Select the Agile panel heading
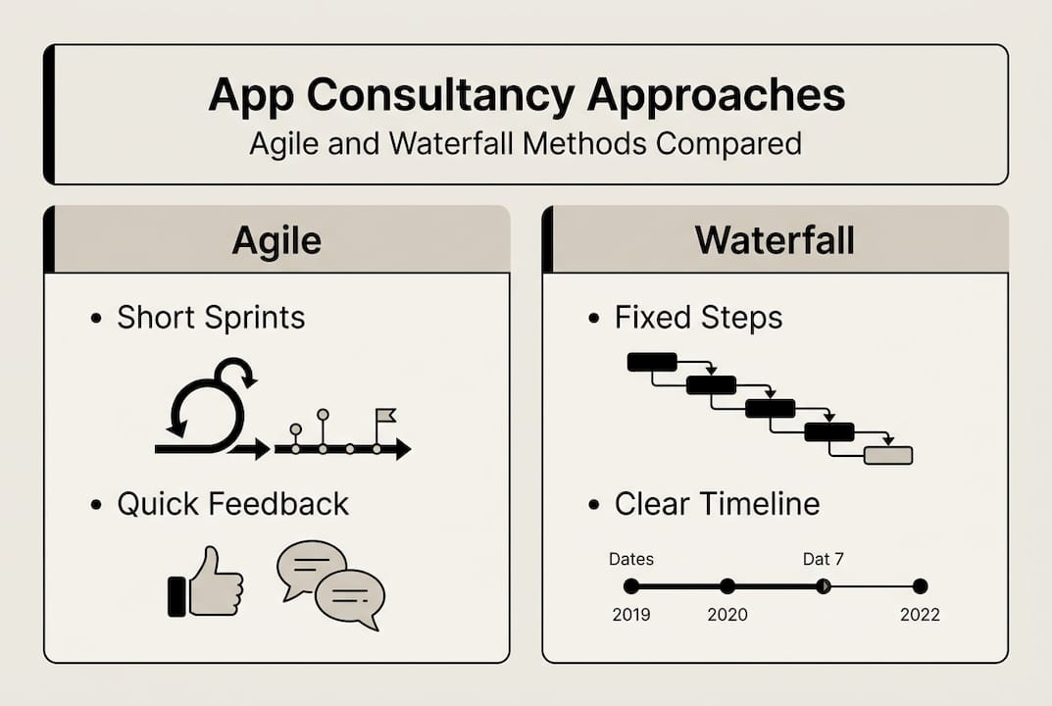coord(276,240)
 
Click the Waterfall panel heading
coord(775,240)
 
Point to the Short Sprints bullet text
coord(211,318)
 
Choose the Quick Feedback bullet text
coord(232,504)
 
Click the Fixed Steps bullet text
coord(698,318)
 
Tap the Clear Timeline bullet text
coord(717,504)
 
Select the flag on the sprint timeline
coord(385,416)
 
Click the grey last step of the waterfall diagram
coord(888,455)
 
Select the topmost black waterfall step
coord(652,362)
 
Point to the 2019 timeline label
coord(631,615)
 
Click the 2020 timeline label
coord(726,615)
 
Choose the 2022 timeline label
coord(920,615)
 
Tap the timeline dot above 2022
coord(920,586)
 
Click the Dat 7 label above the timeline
coord(823,559)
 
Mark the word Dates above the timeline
coord(631,559)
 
